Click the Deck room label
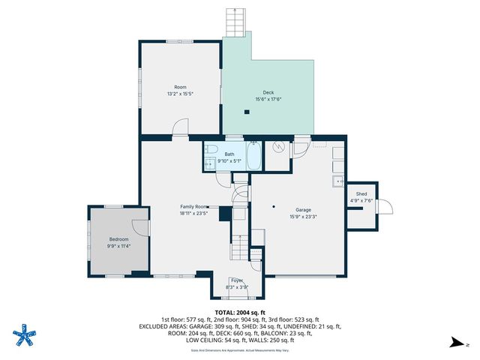268,92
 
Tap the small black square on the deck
247,112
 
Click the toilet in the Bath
212,148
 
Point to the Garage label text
303,210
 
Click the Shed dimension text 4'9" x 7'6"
361,200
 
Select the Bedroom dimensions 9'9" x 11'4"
119,245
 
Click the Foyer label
237,280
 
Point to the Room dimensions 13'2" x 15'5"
180,94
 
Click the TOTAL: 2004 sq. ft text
240,312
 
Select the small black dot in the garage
274,207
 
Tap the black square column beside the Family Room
224,214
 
